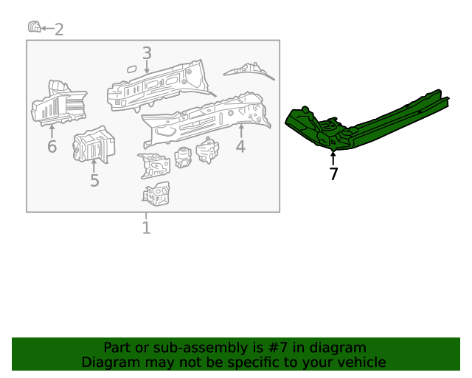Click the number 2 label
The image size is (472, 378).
pyautogui.click(x=59, y=30)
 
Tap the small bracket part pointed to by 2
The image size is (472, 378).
pyautogui.click(x=33, y=27)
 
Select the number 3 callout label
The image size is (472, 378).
pyautogui.click(x=147, y=53)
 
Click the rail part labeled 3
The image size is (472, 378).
pyautogui.click(x=159, y=87)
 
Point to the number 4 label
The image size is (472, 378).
pyautogui.click(x=240, y=147)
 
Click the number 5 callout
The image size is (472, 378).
pyautogui.click(x=94, y=180)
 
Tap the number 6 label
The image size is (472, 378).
pyautogui.click(x=52, y=147)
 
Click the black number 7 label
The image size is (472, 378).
pyautogui.click(x=333, y=174)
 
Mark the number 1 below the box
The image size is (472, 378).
pyautogui.click(x=146, y=228)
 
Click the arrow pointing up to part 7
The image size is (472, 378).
pyautogui.click(x=333, y=157)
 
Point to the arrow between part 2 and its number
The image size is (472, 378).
pyautogui.click(x=46, y=29)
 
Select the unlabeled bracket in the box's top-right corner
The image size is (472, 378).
pyautogui.click(x=249, y=71)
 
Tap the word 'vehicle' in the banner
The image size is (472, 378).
pyautogui.click(x=358, y=362)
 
